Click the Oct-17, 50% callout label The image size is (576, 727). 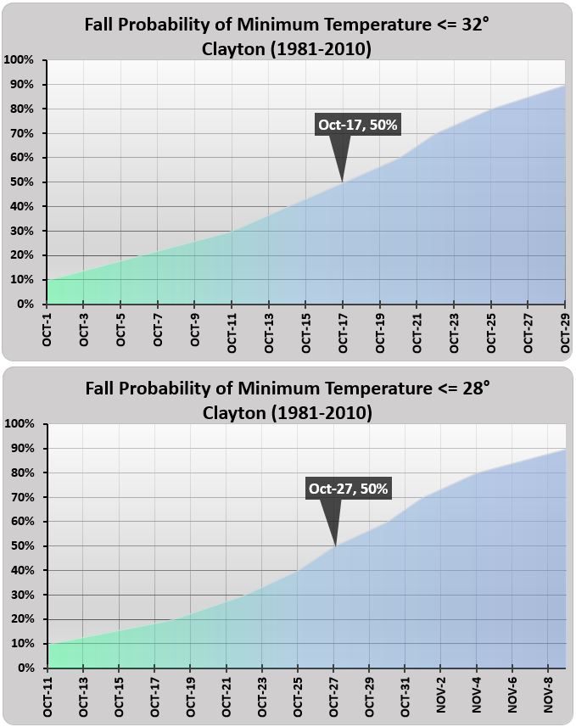pyautogui.click(x=357, y=125)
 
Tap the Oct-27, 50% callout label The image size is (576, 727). pyautogui.click(x=348, y=489)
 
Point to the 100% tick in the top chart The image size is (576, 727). pyautogui.click(x=19, y=60)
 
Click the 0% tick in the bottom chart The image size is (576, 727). pyautogui.click(x=24, y=668)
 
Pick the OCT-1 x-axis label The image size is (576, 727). pyautogui.click(x=48, y=332)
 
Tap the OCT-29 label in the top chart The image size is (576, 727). pyautogui.click(x=565, y=332)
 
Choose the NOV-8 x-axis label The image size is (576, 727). pyautogui.click(x=549, y=696)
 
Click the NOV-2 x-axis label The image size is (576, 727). pyautogui.click(x=442, y=696)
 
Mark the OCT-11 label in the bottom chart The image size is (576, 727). pyautogui.click(x=48, y=696)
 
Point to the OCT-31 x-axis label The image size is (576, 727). pyautogui.click(x=405, y=696)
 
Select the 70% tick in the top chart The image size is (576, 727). pyautogui.click(x=20, y=133)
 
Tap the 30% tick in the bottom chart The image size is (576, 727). pyautogui.click(x=20, y=596)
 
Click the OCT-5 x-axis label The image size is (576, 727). pyautogui.click(x=121, y=332)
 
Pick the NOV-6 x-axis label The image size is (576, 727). pyautogui.click(x=513, y=696)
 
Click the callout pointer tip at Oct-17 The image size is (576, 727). pyautogui.click(x=343, y=181)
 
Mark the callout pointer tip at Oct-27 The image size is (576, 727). pyautogui.click(x=335, y=545)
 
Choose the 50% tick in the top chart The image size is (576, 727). pyautogui.click(x=20, y=182)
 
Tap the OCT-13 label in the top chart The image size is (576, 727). pyautogui.click(x=269, y=332)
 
